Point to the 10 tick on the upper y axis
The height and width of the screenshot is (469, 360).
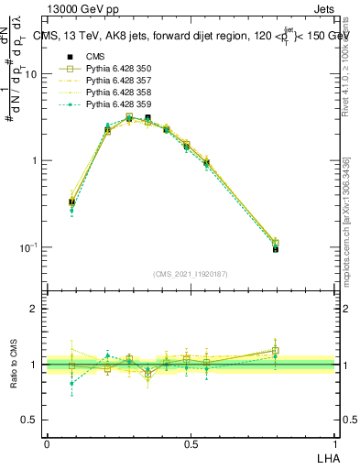pyautogui.click(x=35, y=74)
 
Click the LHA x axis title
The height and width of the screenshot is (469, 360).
pyautogui.click(x=325, y=457)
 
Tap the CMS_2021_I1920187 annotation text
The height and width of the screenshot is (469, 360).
pyautogui.click(x=191, y=273)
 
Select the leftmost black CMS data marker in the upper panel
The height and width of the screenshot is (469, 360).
pyautogui.click(x=72, y=202)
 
